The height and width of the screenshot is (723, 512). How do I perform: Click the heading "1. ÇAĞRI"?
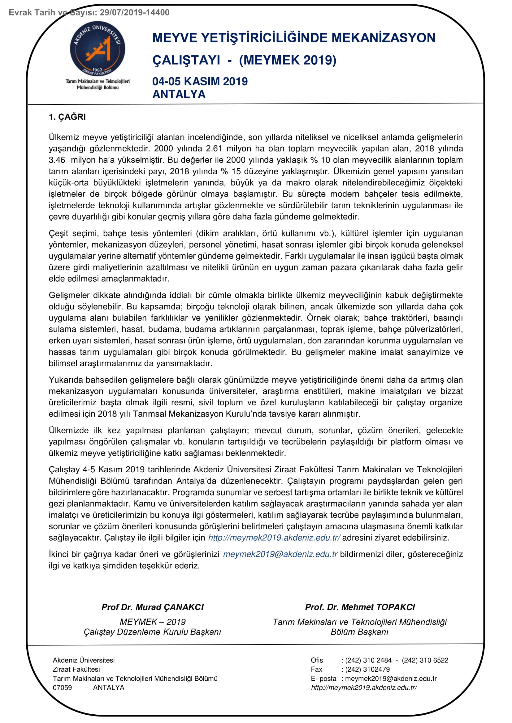(67, 117)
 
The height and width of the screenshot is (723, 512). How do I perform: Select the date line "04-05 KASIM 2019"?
(200, 82)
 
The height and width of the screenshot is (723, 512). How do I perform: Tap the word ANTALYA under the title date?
(179, 95)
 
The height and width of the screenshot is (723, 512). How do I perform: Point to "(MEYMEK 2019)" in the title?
(288, 60)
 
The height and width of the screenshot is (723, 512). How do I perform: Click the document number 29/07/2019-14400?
(135, 13)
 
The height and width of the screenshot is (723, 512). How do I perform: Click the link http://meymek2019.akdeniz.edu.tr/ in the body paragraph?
(274, 538)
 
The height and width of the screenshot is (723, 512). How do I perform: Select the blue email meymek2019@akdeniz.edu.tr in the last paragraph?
(280, 554)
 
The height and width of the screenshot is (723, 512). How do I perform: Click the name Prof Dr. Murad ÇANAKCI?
(153, 607)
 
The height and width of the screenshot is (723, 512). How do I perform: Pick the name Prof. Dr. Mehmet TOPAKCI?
(360, 607)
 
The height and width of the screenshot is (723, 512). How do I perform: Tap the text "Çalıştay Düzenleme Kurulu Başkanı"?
(152, 632)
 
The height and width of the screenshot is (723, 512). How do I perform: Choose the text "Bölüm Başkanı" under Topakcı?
(359, 632)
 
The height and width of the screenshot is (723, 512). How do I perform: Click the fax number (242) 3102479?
(367, 670)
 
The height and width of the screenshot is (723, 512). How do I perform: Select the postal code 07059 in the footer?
(63, 688)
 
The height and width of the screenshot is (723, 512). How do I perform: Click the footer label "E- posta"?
(323, 678)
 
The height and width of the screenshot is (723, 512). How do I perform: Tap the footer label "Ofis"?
(317, 660)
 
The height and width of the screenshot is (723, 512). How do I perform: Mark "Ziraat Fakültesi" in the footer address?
(76, 670)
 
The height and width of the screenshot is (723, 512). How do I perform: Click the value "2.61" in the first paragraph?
(214, 149)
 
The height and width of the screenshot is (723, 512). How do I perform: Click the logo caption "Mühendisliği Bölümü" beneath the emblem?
(98, 87)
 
